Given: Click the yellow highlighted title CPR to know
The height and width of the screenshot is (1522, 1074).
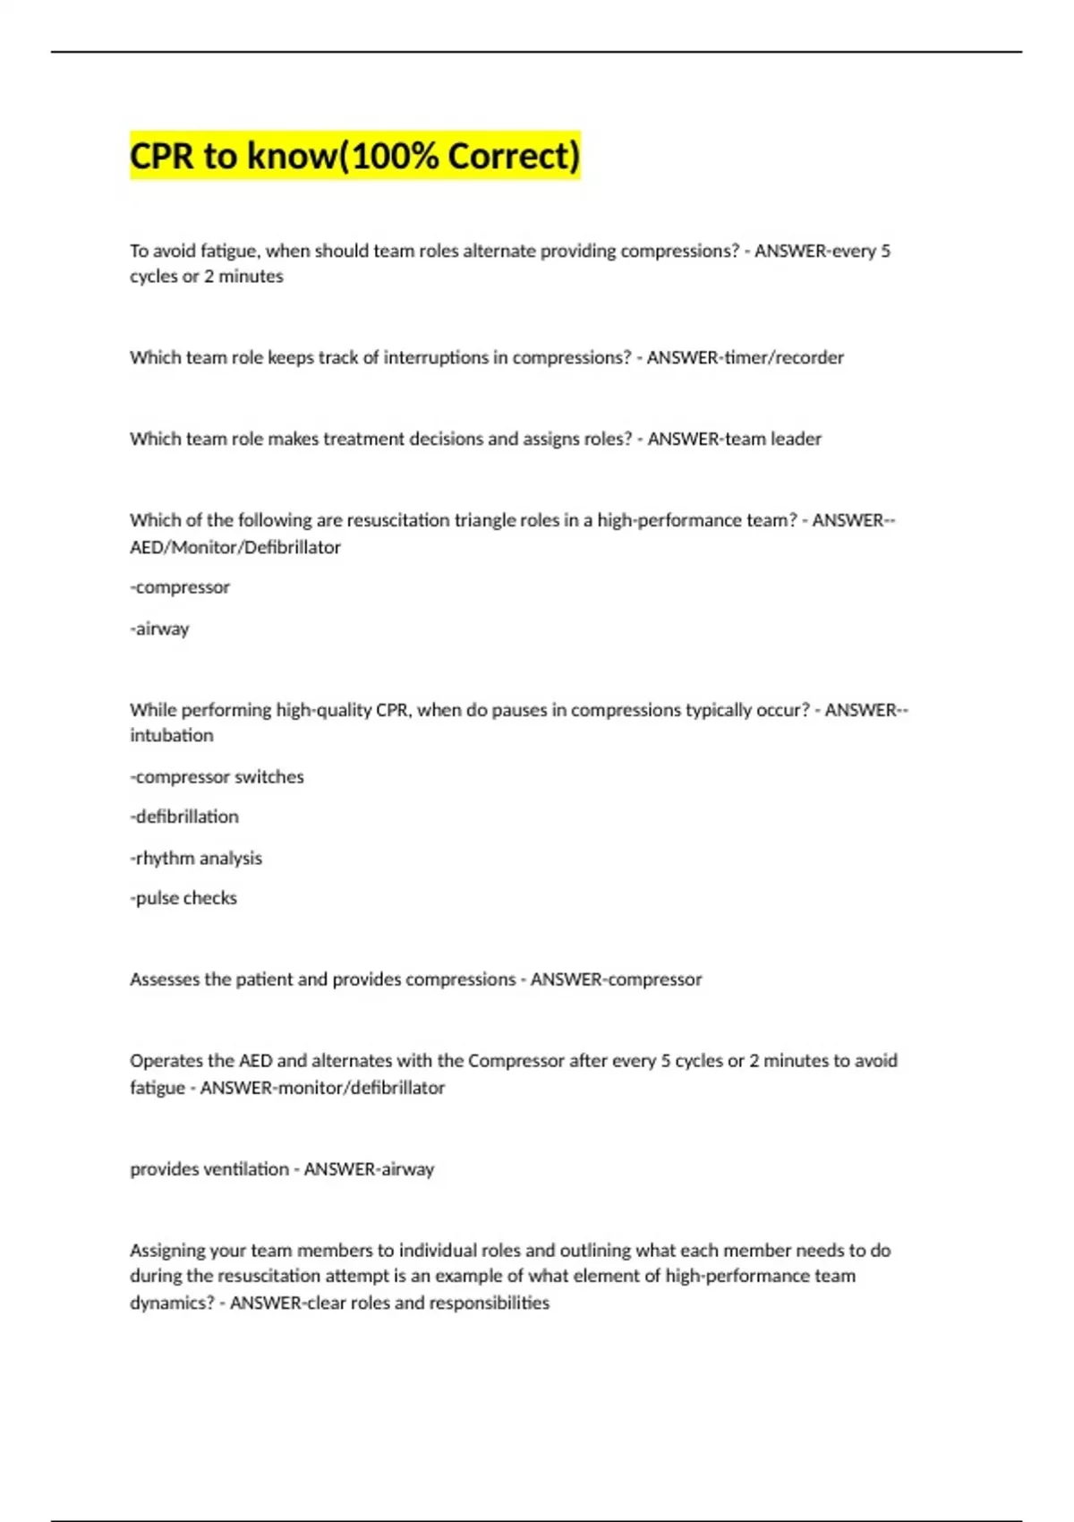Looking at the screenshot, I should pyautogui.click(x=354, y=156).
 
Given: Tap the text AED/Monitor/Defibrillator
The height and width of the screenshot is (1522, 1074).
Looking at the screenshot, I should pyautogui.click(x=235, y=547).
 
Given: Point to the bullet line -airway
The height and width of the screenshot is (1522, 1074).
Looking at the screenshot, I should pyautogui.click(x=160, y=628).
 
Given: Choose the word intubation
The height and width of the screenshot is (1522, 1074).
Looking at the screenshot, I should pyautogui.click(x=172, y=735).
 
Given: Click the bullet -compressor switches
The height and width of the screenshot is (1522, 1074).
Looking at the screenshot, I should pyautogui.click(x=217, y=776).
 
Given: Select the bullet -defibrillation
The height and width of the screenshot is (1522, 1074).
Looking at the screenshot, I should pyautogui.click(x=184, y=817).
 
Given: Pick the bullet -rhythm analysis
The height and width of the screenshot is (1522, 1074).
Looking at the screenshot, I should pyautogui.click(x=196, y=858).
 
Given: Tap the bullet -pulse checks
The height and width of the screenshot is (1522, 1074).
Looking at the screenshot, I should pyautogui.click(x=183, y=898).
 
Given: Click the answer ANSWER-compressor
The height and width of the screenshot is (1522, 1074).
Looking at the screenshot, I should pyautogui.click(x=616, y=979).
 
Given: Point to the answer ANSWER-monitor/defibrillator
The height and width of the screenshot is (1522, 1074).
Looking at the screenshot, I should pyautogui.click(x=322, y=1088).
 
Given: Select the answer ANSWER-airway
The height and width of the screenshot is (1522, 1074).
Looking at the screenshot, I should pyautogui.click(x=369, y=1169).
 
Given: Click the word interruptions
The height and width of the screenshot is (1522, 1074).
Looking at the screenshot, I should pyautogui.click(x=436, y=357).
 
